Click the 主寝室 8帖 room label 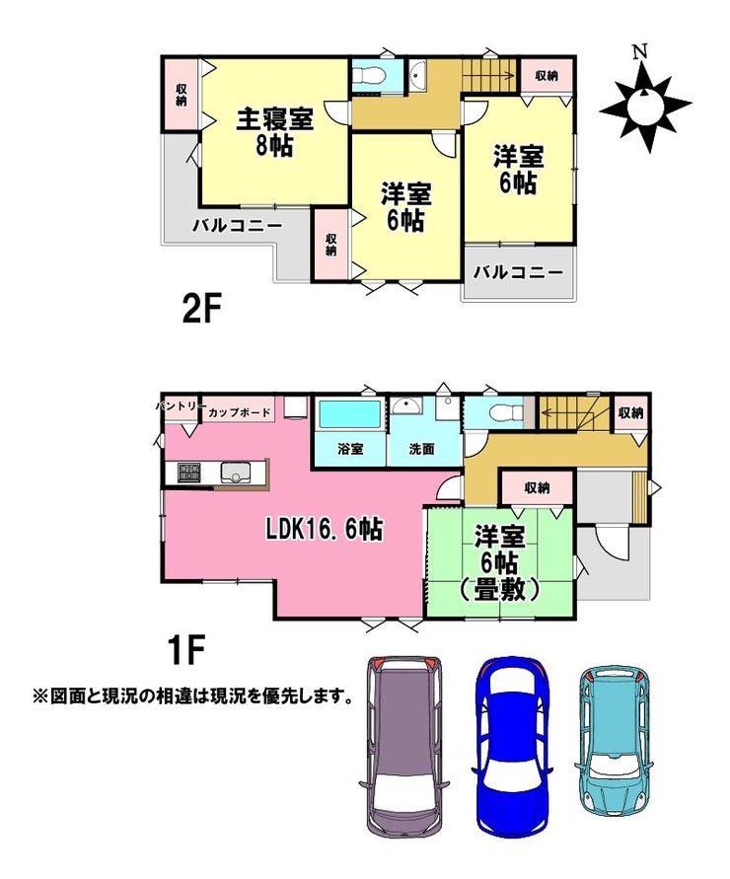pos(274,132)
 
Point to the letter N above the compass pos(640,52)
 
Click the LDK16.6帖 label pos(325,529)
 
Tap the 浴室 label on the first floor pos(351,449)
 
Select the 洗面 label pos(421,449)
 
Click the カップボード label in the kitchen pos(240,413)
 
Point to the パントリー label pos(178,405)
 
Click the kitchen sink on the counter pos(235,473)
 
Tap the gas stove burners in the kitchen pos(189,473)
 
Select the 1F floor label pos(184,649)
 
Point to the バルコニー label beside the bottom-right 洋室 pos(518,273)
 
